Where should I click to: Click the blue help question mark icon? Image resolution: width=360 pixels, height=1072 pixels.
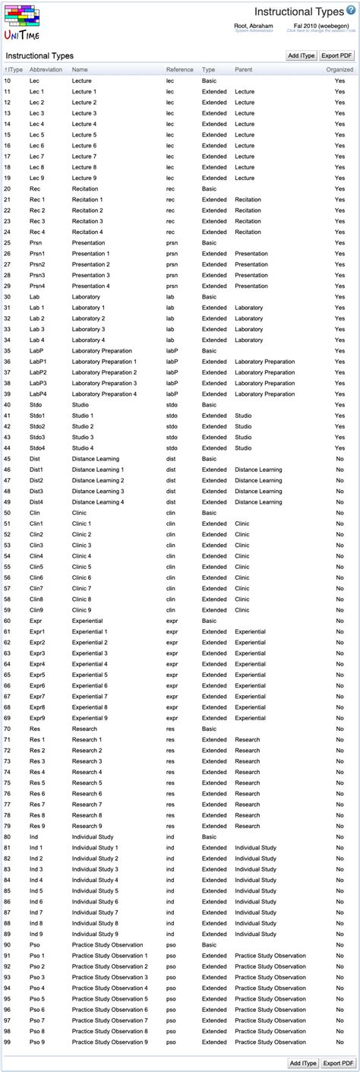(350, 11)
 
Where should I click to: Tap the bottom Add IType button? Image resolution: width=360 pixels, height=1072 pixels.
(302, 1063)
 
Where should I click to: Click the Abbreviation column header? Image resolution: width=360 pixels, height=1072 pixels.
(46, 69)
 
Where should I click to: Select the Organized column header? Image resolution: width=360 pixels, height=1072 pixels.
(339, 69)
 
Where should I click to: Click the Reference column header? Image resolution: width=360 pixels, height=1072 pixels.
(180, 69)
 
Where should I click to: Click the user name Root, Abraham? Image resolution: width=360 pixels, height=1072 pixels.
(254, 25)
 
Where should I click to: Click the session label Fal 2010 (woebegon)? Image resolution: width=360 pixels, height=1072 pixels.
(320, 25)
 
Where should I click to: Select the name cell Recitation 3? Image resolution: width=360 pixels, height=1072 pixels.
(87, 221)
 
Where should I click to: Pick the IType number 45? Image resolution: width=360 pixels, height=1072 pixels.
(8, 459)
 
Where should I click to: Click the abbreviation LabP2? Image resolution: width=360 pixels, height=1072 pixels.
(38, 372)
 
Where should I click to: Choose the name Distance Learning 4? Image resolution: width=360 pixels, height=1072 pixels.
(98, 502)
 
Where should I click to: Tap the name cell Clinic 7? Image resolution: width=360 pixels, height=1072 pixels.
(81, 588)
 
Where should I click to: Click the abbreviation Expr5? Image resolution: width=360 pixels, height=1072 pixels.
(37, 675)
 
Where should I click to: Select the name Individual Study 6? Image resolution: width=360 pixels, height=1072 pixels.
(95, 902)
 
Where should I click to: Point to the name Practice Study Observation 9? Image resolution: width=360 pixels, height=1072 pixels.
(109, 1042)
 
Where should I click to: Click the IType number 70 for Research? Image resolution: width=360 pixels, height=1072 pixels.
(8, 729)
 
